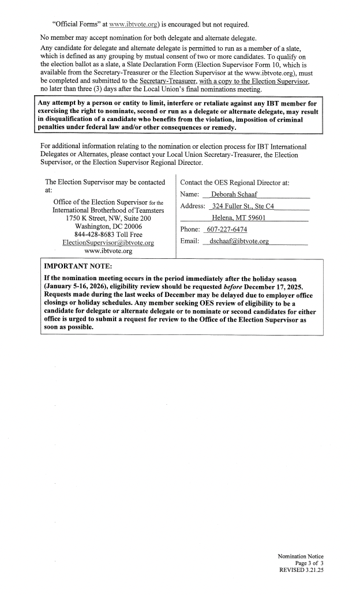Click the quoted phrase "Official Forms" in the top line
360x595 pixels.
point(76,25)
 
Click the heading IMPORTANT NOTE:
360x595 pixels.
point(78,266)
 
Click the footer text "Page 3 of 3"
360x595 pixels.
point(313,563)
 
